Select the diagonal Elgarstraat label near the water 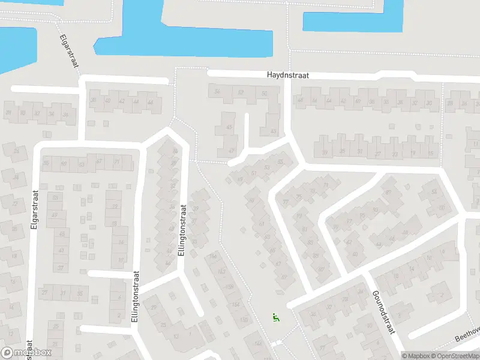coord(70,52)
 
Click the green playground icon coord(275,318)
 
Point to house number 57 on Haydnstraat coord(241,92)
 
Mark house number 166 coord(214,257)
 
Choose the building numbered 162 coord(221,272)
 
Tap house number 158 coord(229,287)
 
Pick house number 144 coord(257,343)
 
